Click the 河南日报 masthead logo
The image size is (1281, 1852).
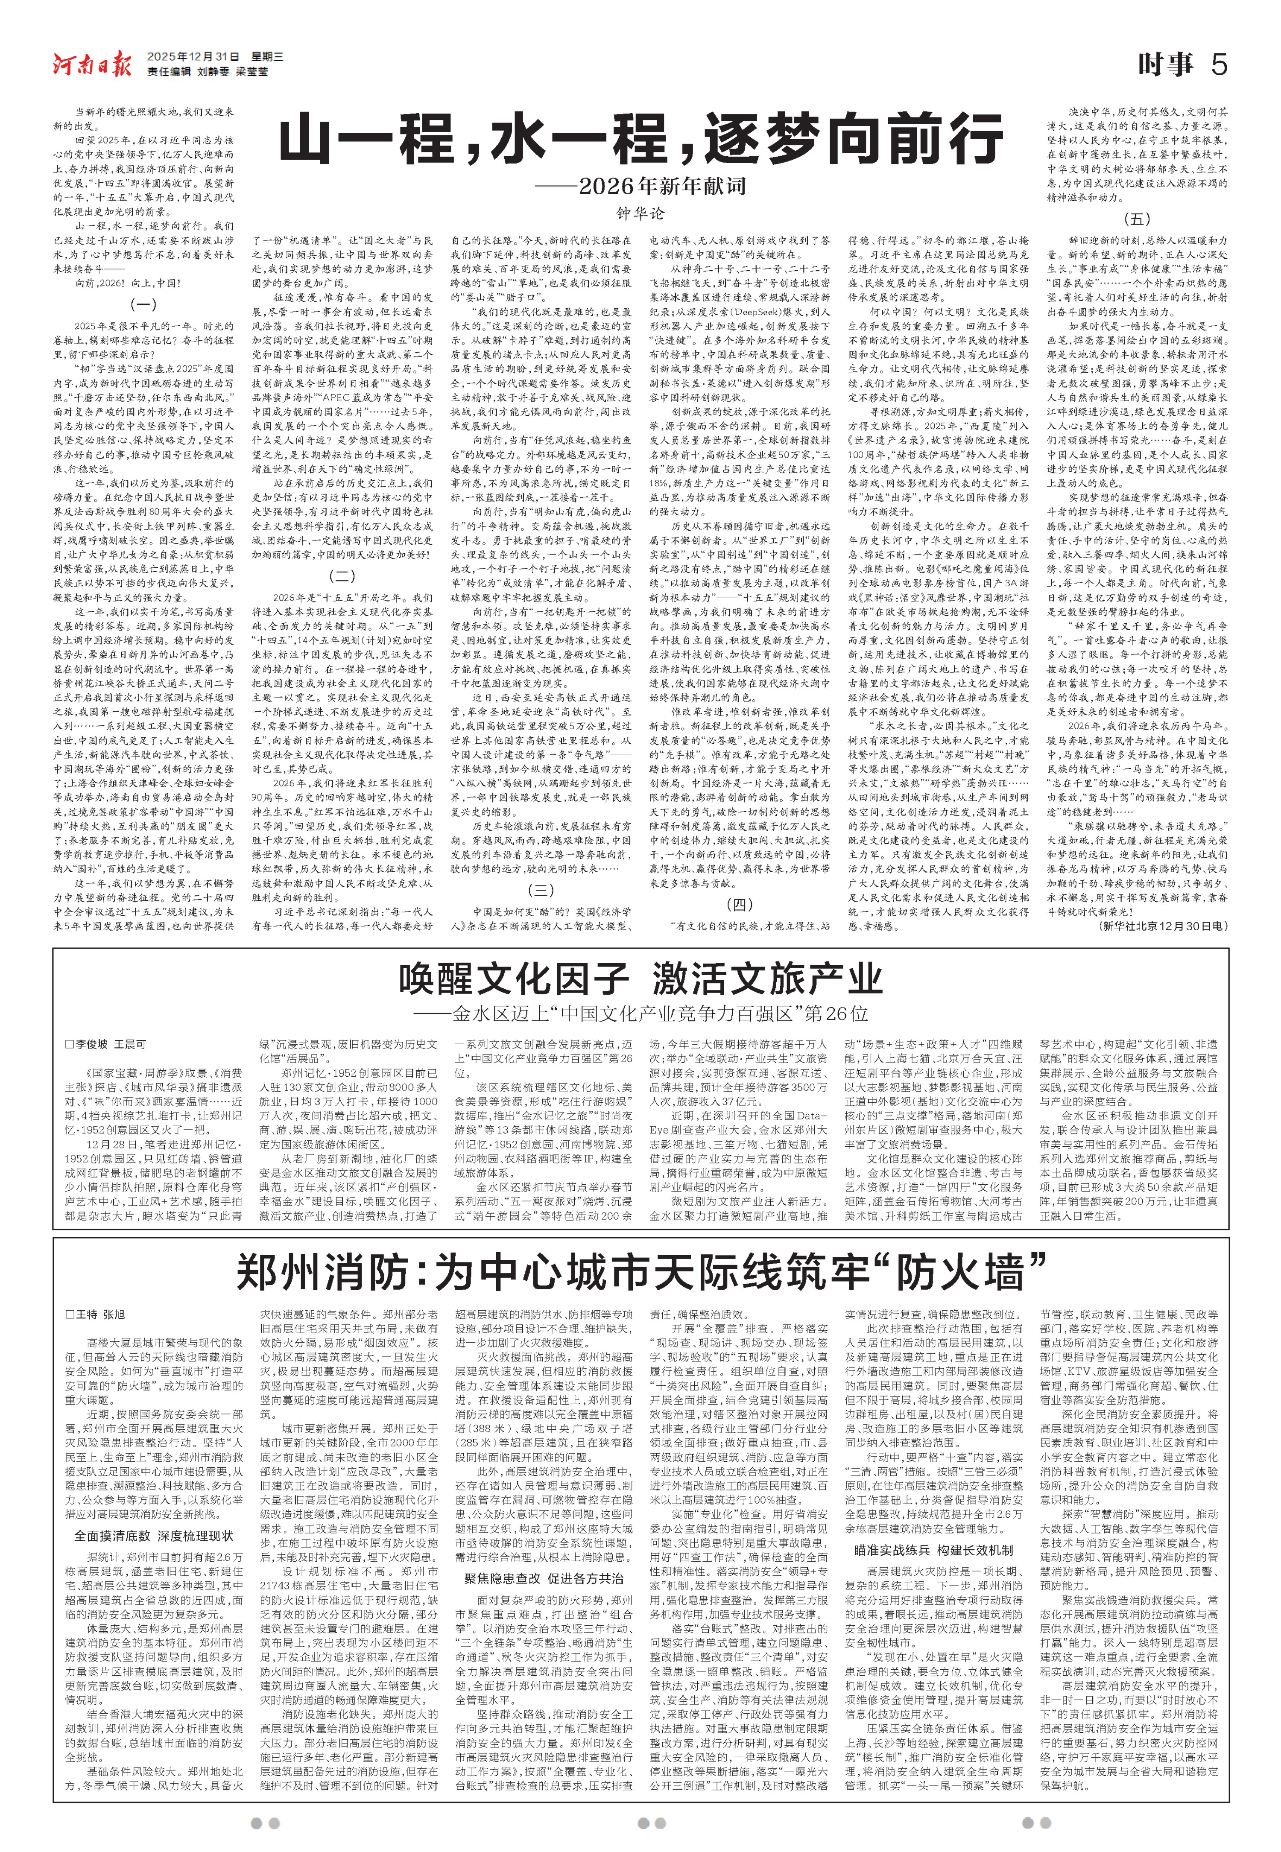point(92,63)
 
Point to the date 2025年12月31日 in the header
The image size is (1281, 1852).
point(193,57)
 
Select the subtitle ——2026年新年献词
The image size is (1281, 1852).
point(640,187)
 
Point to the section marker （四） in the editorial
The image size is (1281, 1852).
point(739,904)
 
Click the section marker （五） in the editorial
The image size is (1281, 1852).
point(1137,218)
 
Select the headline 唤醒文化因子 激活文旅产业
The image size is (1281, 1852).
point(640,979)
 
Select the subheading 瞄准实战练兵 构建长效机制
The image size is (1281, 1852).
point(933,1550)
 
